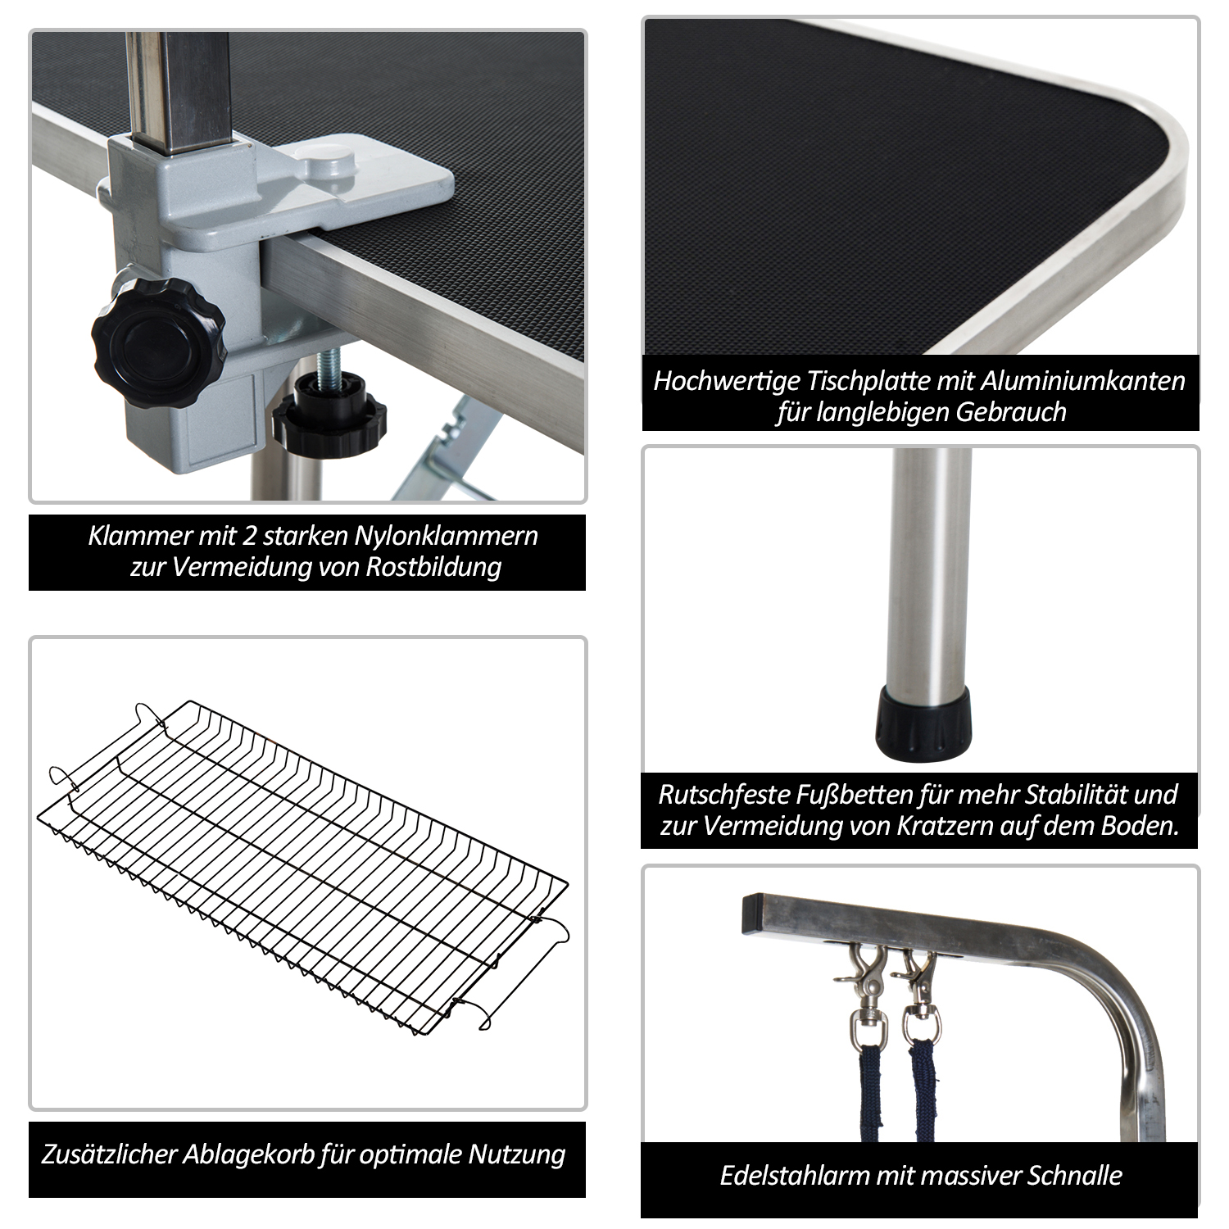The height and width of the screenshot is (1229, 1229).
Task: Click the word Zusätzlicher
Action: (109, 1154)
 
